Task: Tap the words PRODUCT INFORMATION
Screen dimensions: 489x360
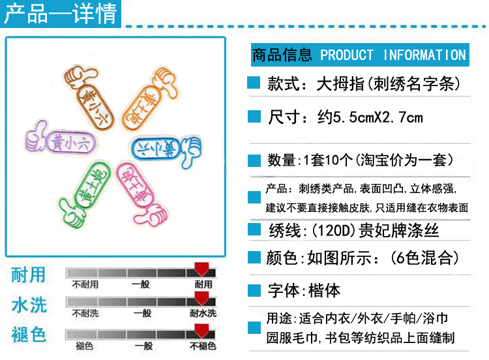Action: pos(393,55)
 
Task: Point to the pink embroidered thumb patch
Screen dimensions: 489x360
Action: pos(143,191)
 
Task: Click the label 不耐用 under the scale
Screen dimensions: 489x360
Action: pos(85,285)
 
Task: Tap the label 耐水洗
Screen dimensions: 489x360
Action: pos(203,314)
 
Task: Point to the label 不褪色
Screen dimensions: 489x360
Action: pos(203,346)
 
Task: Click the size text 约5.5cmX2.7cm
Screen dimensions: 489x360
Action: pos(370,117)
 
